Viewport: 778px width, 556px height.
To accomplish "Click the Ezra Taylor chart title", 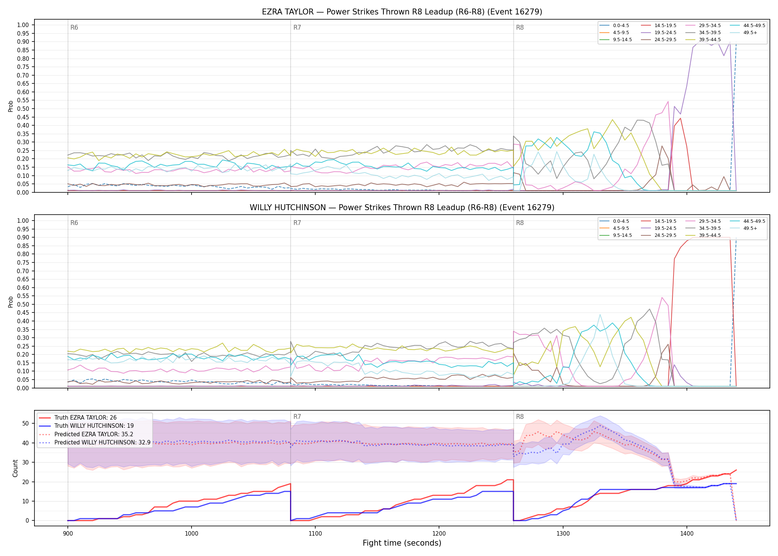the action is coord(402,12).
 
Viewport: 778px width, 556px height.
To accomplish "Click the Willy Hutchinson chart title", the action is coord(402,208).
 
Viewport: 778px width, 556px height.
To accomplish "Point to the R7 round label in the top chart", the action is coord(297,27).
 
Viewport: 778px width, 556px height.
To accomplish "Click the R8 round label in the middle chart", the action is coord(520,223).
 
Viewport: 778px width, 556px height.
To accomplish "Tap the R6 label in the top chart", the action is coord(74,27).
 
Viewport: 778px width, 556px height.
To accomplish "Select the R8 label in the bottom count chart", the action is coord(520,417).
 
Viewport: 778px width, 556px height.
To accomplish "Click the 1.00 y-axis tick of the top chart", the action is coord(23,25).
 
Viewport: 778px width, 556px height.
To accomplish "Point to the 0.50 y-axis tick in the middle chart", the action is coord(23,304).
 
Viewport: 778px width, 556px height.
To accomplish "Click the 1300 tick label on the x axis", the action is coord(563,533).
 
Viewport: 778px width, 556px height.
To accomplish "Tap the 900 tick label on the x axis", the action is coord(67,533).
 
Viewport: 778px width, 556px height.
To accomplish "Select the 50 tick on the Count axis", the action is coord(26,423).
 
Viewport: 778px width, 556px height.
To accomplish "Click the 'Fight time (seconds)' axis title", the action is coord(402,543).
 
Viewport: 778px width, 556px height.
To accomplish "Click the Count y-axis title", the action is coord(15,468).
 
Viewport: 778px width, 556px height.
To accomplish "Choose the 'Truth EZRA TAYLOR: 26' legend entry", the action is coord(86,418).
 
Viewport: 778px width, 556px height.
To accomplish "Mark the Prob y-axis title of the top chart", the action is coord(10,106).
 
